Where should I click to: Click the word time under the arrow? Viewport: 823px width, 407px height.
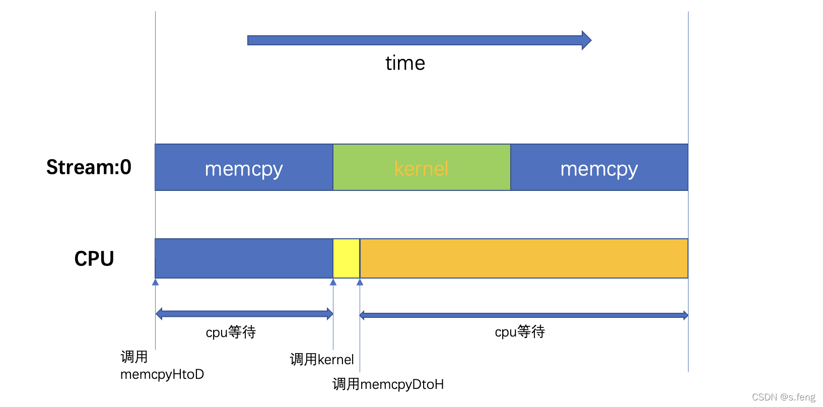(x=405, y=63)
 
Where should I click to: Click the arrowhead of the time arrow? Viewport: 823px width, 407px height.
(x=586, y=40)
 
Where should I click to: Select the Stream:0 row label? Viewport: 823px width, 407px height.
(x=89, y=167)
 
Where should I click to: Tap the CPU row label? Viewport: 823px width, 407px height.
(x=94, y=259)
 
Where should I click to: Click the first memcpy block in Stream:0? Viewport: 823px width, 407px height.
(x=244, y=168)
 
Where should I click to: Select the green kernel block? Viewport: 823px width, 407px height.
(x=422, y=168)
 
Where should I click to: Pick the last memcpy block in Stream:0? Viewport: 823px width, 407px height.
(x=599, y=168)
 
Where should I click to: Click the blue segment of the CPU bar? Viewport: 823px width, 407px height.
(x=244, y=258)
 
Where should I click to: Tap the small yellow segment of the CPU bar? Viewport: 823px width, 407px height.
(x=346, y=258)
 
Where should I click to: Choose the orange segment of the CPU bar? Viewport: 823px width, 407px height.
(x=524, y=258)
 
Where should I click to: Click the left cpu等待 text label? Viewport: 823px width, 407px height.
(x=231, y=332)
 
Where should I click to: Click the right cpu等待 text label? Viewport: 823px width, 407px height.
(x=520, y=332)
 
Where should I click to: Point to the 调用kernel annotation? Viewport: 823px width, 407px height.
(x=322, y=360)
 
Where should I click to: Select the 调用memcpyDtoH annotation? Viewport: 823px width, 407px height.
(x=388, y=384)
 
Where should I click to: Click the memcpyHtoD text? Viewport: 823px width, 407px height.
(x=162, y=374)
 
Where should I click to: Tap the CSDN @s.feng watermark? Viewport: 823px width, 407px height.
(x=783, y=397)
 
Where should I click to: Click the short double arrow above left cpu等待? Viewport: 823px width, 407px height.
(x=244, y=314)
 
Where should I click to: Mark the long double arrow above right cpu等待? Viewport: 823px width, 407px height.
(x=524, y=315)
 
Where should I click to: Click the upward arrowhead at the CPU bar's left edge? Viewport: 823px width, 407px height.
(x=156, y=282)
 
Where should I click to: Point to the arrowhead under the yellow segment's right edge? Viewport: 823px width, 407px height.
(x=360, y=282)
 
